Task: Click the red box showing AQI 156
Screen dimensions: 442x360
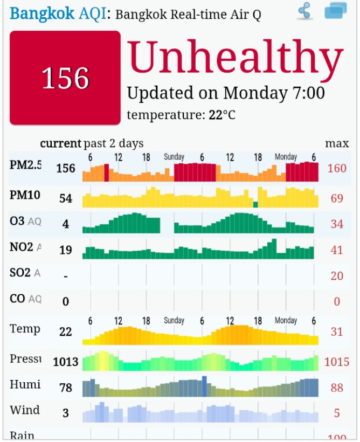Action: coord(65,78)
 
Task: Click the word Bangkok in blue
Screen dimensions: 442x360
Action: coord(42,13)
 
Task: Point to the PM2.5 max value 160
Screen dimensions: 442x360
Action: coord(337,169)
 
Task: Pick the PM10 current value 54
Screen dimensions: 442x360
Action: coord(66,198)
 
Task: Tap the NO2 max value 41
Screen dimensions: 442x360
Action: coord(337,250)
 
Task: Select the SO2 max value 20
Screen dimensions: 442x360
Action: coord(337,276)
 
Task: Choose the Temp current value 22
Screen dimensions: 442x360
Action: coord(66,331)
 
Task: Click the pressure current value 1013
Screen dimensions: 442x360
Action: coord(66,362)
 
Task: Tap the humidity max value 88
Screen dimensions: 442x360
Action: coord(337,388)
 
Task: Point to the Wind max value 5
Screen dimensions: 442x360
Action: coord(337,413)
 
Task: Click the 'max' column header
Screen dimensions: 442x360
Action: coord(337,143)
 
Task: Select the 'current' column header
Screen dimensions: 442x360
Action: coord(60,143)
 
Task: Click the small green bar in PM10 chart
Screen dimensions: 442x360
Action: coord(255,204)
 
